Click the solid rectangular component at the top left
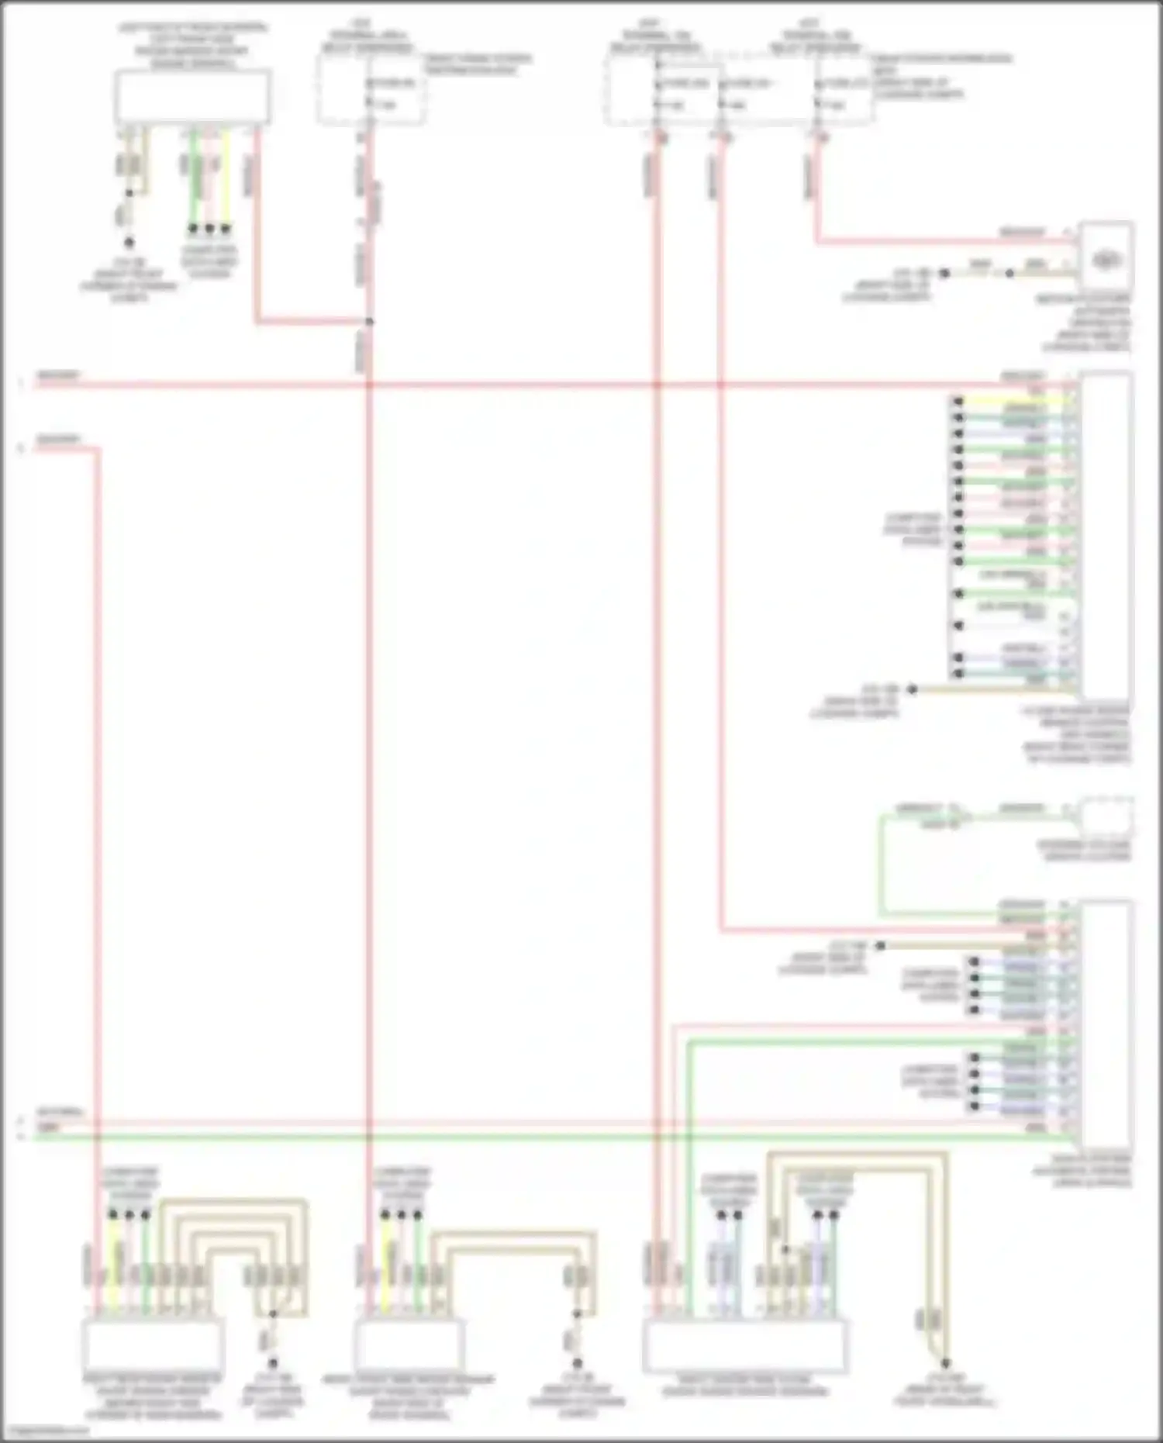pos(193,97)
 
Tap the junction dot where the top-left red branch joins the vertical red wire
pos(370,321)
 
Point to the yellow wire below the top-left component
pos(226,178)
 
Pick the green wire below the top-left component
pos(194,178)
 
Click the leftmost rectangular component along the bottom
pos(153,1346)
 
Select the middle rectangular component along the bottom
pos(409,1346)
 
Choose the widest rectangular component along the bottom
pos(744,1346)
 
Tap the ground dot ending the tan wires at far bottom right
pos(946,1362)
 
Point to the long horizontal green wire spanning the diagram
pos(543,1137)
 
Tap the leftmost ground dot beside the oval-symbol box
pos(944,274)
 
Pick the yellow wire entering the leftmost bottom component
pos(115,1264)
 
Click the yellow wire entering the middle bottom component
pos(385,1264)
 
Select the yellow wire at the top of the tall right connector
pos(1008,401)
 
